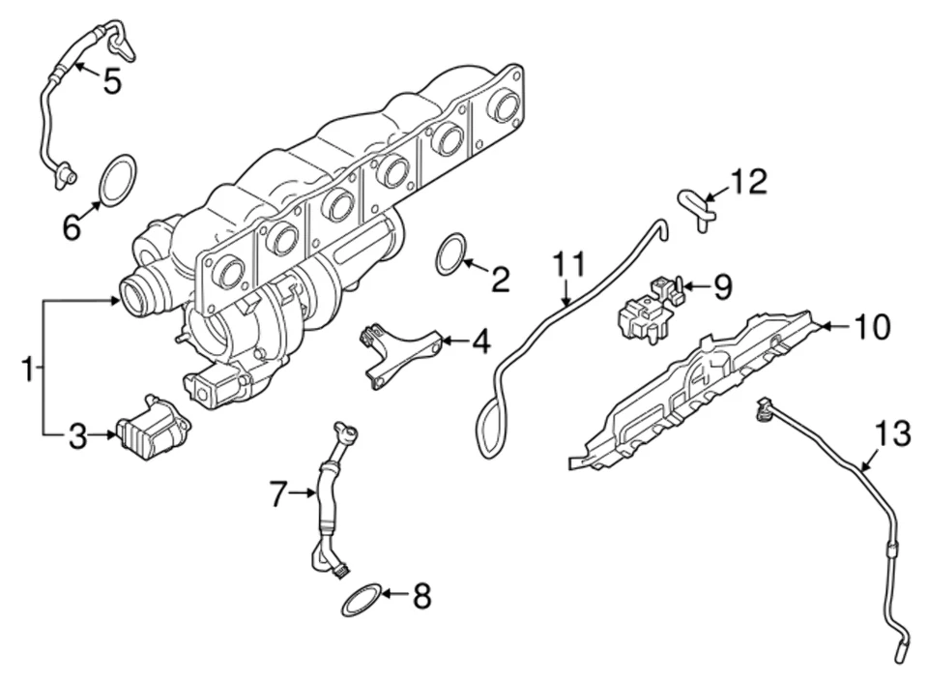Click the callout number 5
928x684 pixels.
point(112,81)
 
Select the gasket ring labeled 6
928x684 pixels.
point(118,181)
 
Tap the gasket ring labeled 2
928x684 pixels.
point(450,253)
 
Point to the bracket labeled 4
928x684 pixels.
point(399,352)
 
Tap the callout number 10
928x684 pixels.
point(870,327)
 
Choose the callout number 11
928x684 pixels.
point(569,264)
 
